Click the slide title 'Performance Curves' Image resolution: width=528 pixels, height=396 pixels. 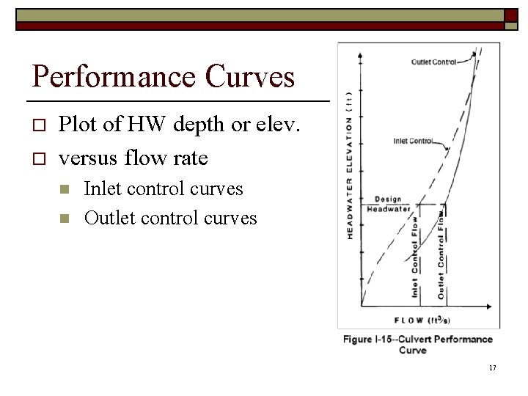point(164,76)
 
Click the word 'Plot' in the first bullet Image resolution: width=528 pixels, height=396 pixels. point(76,125)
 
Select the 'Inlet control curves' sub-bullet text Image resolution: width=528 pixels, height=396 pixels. point(164,188)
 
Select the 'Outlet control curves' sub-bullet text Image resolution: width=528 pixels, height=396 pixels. point(170,218)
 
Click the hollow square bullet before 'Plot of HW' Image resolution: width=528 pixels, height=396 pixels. point(40,127)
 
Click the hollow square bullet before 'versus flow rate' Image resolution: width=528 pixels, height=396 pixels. point(40,158)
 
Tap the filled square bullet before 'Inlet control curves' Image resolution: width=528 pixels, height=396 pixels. point(66,190)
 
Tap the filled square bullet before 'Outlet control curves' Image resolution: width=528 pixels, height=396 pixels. point(66,219)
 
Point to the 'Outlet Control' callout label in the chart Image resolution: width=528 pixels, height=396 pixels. point(434,62)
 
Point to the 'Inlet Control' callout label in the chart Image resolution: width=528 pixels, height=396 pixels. point(413,142)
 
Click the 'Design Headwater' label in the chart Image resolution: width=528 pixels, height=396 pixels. point(389,205)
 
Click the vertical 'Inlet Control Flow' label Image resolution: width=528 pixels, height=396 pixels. point(414,257)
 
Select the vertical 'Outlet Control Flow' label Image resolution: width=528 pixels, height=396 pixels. point(441,254)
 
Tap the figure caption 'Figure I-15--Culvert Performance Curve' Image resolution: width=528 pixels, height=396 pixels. point(418,345)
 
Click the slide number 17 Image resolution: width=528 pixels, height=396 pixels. point(492,367)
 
